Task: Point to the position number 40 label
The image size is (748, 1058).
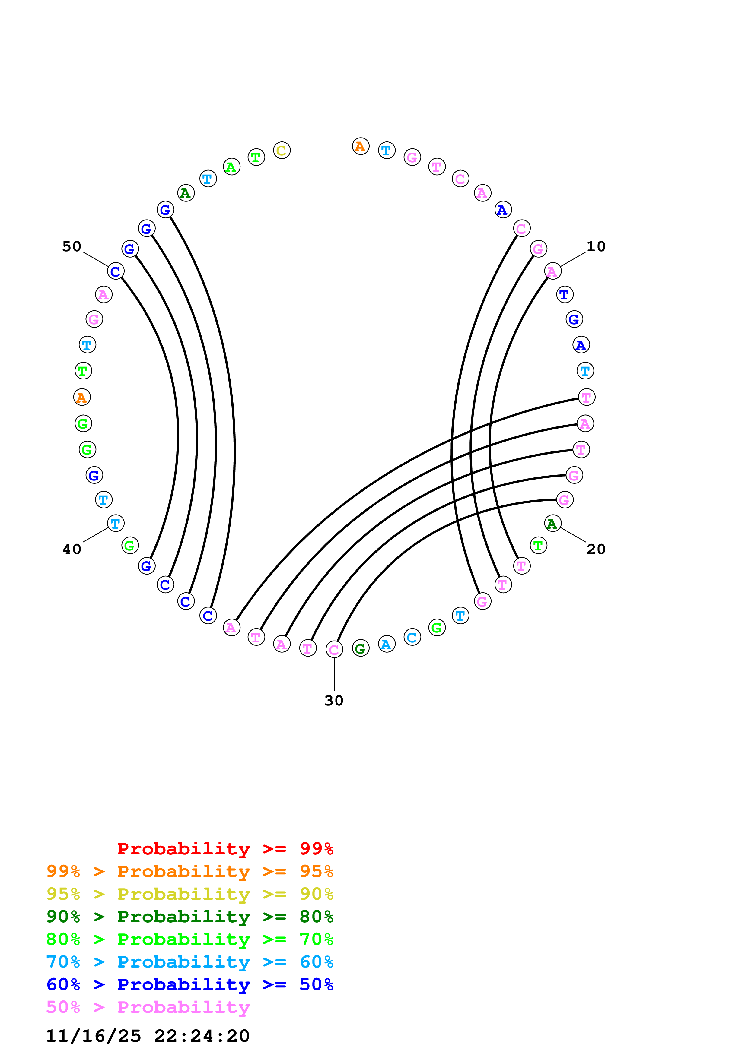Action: [72, 549]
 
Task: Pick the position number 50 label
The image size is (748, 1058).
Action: [72, 246]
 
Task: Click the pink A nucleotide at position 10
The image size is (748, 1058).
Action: [552, 271]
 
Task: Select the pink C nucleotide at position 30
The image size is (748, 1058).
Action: [334, 650]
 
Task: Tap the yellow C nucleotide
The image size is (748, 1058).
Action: [282, 150]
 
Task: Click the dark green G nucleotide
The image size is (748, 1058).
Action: [360, 648]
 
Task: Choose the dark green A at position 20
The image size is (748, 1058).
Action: [552, 524]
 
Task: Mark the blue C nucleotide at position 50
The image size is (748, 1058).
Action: [116, 271]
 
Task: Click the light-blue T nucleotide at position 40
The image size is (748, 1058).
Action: [116, 524]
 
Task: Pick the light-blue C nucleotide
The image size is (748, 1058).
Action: [412, 637]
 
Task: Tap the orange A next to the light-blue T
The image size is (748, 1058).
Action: [360, 147]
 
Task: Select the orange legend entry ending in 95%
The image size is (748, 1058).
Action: [189, 871]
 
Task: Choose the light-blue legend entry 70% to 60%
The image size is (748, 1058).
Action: [189, 962]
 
